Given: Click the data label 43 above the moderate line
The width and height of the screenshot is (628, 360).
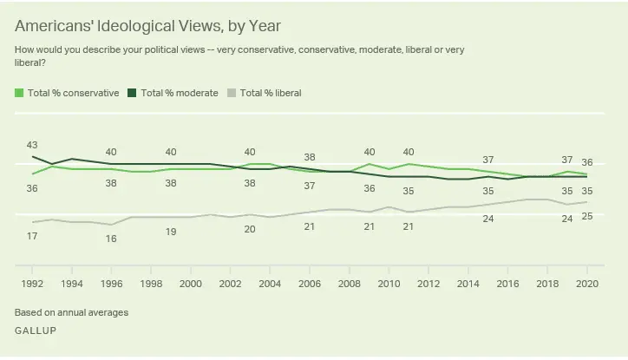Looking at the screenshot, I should click(x=32, y=145).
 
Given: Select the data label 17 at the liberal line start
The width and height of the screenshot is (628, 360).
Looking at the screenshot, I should click(x=32, y=237).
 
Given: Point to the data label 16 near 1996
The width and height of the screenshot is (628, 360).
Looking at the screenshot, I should click(x=111, y=239).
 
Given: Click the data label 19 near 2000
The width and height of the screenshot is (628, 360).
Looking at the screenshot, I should click(x=171, y=232).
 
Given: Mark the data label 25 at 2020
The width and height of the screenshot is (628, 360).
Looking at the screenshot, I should click(x=587, y=216).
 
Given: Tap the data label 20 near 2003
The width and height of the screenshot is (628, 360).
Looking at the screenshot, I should click(x=250, y=229).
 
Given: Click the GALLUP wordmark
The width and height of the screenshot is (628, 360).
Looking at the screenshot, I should click(x=34, y=331).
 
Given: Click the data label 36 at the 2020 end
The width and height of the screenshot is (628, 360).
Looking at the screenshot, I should click(x=587, y=162).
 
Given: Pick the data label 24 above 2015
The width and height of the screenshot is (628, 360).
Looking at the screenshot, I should click(x=488, y=219).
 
